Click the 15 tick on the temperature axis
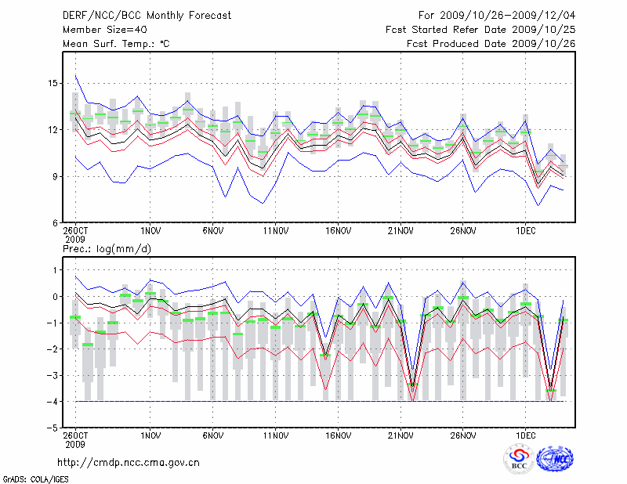pos(53,83)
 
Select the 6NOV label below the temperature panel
pos(213,231)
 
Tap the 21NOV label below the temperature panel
pos(400,231)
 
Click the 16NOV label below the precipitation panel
pos(338,435)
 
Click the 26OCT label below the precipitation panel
pos(76,435)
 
